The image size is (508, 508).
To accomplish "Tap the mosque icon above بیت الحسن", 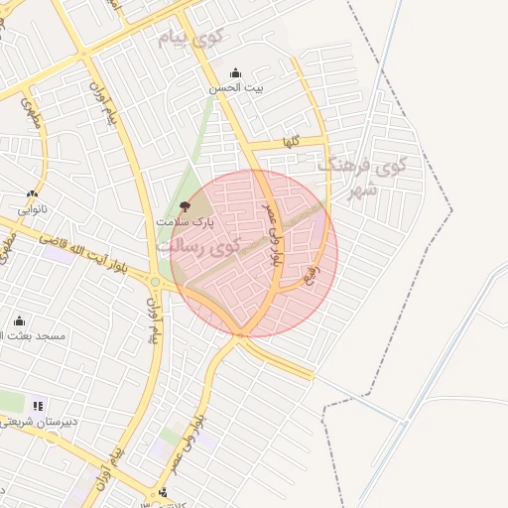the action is point(235,72).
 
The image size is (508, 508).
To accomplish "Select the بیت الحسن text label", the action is point(236,88).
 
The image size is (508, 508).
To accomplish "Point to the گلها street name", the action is point(290,143).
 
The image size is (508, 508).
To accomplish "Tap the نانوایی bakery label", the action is point(33,209).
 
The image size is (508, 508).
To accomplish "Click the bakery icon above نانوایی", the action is point(33,194).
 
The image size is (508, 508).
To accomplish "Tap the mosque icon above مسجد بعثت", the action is point(20,320).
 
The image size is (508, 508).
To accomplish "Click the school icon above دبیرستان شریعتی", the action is point(39,405).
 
